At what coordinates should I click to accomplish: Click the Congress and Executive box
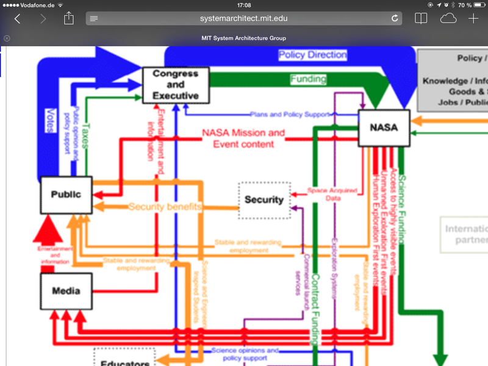[x=176, y=85]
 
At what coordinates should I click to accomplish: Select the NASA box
[x=384, y=127]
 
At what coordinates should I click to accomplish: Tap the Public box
[x=66, y=195]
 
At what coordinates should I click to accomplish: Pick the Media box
[x=66, y=292]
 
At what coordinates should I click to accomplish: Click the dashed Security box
[x=264, y=199]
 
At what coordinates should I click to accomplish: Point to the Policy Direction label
[x=312, y=55]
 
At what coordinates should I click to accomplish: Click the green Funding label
[x=308, y=79]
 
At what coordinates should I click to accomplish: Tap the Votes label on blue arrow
[x=51, y=120]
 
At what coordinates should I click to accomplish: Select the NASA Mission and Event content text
[x=243, y=138]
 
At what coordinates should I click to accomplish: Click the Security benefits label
[x=165, y=207]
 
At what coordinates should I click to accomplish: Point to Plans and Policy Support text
[x=290, y=114]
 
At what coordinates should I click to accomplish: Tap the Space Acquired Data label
[x=332, y=194]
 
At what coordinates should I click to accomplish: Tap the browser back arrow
[x=17, y=18]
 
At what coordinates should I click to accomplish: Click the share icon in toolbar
[x=68, y=18]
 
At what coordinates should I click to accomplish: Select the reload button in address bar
[x=395, y=18]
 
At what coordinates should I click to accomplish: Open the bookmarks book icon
[x=421, y=18]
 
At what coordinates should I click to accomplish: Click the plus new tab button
[x=473, y=18]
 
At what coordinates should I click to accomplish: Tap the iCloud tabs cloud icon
[x=448, y=18]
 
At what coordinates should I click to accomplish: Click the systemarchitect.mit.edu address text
[x=243, y=18]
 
